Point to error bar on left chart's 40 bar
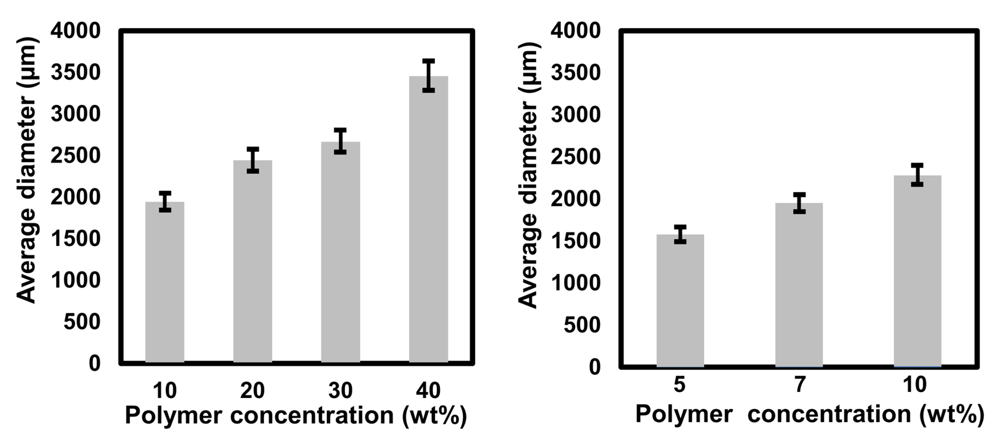(428, 76)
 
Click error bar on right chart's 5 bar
(680, 234)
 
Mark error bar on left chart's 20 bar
(253, 160)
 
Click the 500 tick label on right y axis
(582, 324)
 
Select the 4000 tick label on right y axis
(575, 31)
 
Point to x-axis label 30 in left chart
(340, 390)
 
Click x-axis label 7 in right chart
(799, 384)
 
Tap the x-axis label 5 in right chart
(679, 384)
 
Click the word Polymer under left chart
(173, 415)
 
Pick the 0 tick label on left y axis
(95, 363)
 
